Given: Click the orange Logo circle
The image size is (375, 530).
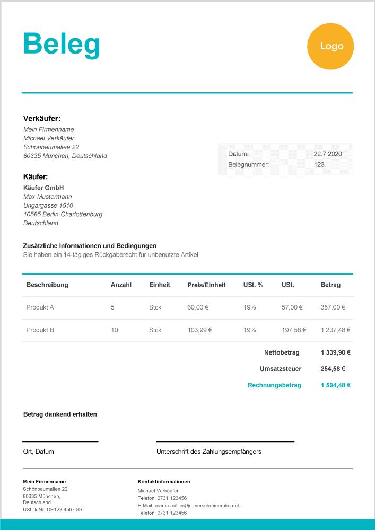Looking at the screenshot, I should click(330, 47).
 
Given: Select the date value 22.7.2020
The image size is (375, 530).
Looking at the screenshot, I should click(327, 154).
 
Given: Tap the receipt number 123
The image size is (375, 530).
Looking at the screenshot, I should click(319, 164).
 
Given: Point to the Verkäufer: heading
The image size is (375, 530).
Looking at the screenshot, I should click(42, 119).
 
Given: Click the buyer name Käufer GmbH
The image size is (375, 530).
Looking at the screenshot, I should click(43, 188).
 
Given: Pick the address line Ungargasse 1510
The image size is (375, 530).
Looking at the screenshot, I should click(48, 205).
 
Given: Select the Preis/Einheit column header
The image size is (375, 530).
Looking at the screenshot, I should click(206, 285).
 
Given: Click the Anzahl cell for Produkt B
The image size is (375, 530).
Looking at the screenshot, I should click(115, 330).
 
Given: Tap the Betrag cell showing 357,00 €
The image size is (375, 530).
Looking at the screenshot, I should click(333, 307).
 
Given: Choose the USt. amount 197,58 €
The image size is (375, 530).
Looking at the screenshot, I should click(294, 330).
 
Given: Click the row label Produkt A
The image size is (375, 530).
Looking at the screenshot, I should click(40, 307).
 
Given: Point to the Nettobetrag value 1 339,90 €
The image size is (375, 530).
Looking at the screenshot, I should click(335, 352).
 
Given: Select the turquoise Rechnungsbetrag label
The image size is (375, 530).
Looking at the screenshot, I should click(274, 385).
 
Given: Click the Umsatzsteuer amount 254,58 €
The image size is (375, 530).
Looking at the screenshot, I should click(333, 369).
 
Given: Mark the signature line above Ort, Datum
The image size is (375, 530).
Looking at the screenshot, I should click(60, 441).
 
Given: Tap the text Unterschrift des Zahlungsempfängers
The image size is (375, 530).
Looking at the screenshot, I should click(208, 452).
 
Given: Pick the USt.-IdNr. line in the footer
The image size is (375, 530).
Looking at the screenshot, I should click(53, 509).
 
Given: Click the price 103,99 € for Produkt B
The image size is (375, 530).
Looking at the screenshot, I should click(199, 330).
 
